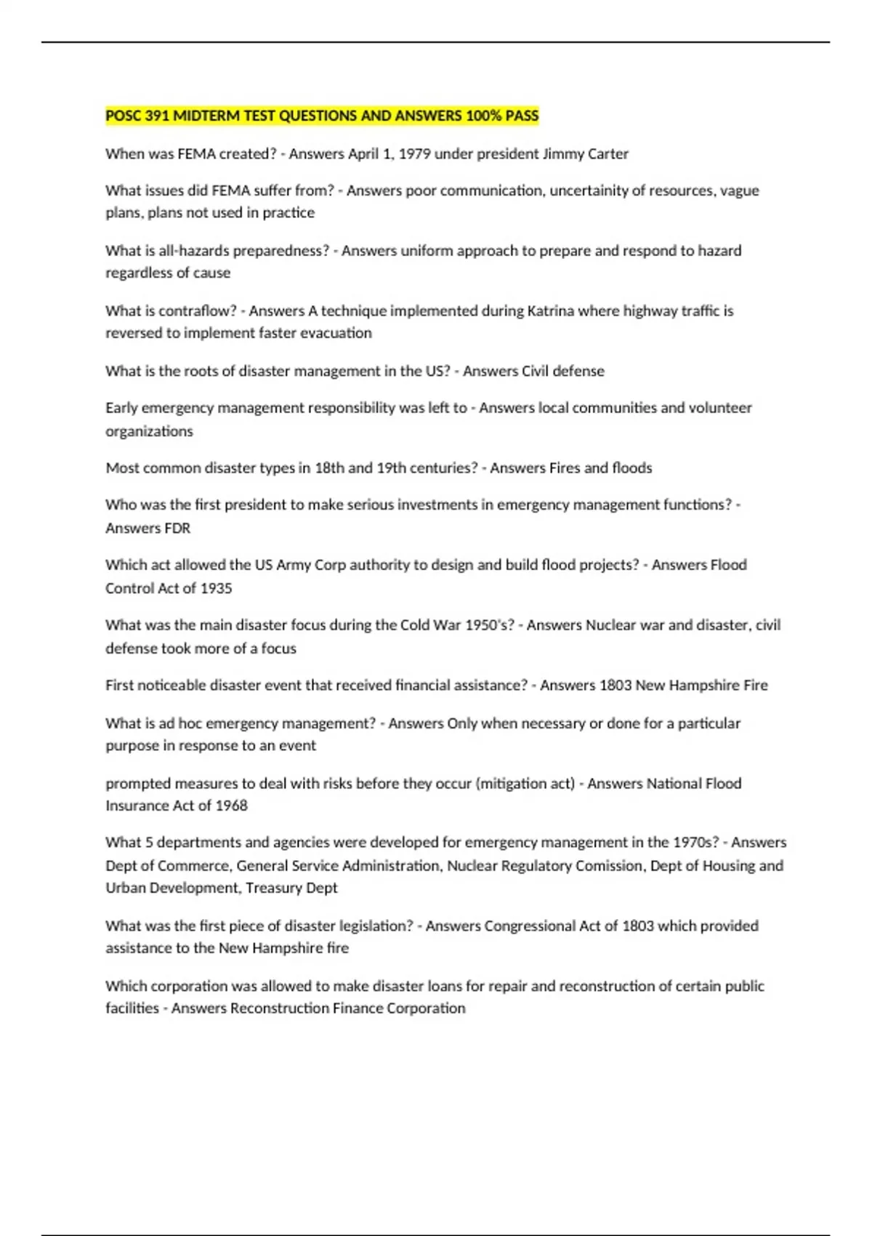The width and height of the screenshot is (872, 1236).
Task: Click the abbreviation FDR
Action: [x=177, y=529]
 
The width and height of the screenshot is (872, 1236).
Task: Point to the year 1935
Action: [x=216, y=588]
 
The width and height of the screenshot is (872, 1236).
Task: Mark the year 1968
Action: [x=231, y=806]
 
